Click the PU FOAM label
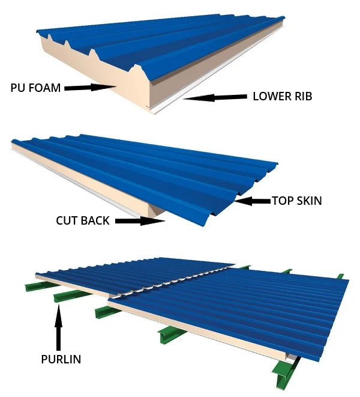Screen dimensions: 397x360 click(x=35, y=88)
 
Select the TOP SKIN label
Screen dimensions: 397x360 click(x=296, y=201)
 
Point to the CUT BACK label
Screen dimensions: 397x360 click(x=83, y=220)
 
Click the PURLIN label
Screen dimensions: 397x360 click(x=61, y=360)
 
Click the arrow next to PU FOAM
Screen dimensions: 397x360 click(x=90, y=88)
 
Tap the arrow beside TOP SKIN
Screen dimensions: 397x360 click(x=252, y=201)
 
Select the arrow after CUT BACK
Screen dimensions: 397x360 click(x=140, y=220)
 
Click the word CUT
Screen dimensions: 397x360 click(x=67, y=220)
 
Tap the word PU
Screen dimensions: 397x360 click(x=17, y=88)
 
